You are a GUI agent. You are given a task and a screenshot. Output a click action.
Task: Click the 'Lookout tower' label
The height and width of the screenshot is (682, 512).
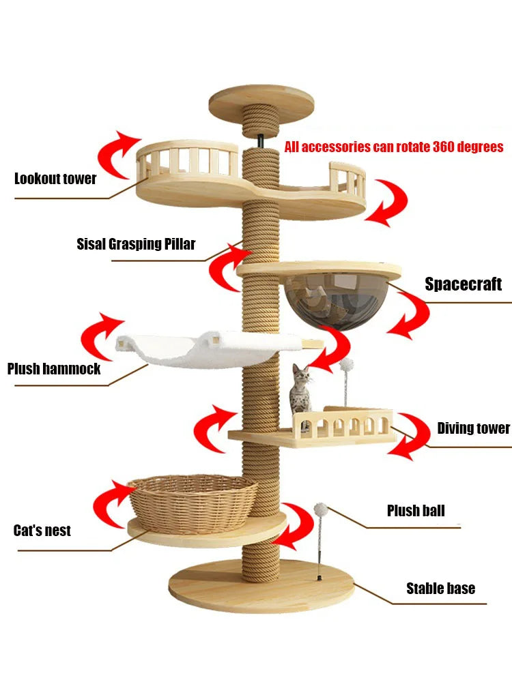(55, 179)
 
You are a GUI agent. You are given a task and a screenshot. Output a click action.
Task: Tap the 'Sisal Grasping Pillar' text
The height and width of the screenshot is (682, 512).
(136, 244)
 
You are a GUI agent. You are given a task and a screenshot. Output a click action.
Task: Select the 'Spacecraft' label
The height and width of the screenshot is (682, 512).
(463, 284)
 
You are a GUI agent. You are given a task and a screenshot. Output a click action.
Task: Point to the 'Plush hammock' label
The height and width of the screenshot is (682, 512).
(54, 369)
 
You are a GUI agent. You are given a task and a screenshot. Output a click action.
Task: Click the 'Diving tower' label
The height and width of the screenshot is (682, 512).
(473, 428)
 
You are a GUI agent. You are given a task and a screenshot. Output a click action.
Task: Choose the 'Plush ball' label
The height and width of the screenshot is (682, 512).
(415, 510)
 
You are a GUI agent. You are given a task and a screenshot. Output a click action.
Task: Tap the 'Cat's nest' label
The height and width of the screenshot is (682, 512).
(42, 531)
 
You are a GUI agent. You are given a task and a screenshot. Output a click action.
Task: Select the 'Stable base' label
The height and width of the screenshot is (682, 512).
(440, 588)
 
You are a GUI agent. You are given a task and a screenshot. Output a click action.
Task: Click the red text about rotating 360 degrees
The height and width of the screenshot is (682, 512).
(394, 147)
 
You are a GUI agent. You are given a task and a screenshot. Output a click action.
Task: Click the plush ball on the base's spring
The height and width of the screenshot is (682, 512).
(320, 510)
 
